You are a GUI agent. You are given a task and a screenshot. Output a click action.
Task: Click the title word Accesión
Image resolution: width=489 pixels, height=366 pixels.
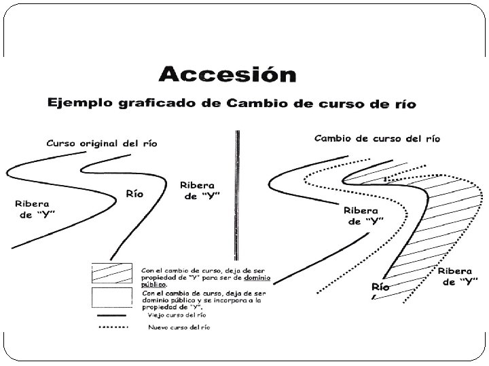[x=227, y=75]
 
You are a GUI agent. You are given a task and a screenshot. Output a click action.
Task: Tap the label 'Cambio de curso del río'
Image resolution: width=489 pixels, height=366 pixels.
[x=377, y=138]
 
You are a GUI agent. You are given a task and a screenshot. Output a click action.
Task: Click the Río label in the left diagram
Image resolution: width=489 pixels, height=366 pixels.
[x=134, y=194]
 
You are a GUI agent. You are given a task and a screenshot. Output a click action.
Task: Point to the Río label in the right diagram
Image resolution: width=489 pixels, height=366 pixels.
[x=380, y=287]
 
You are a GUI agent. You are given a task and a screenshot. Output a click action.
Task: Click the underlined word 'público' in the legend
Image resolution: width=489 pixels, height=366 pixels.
[x=153, y=284]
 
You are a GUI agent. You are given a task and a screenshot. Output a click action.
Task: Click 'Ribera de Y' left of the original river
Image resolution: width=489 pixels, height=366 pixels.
[x=32, y=209]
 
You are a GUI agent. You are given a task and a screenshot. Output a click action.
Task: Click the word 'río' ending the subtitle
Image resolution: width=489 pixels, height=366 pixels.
[x=403, y=104]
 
